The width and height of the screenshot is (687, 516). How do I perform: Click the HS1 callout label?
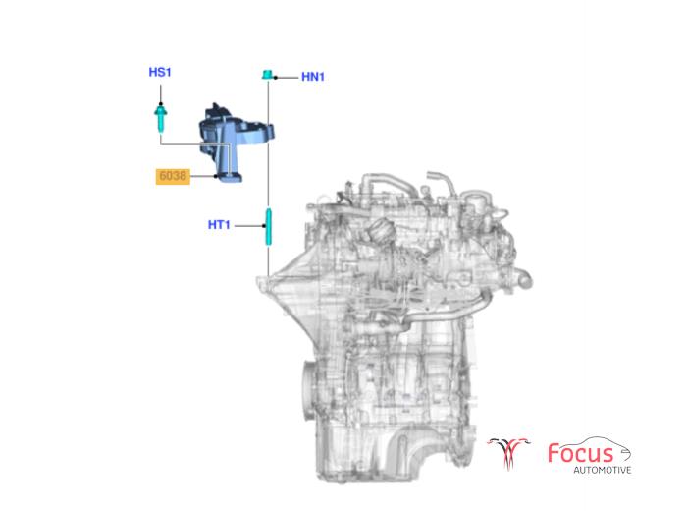(x=159, y=72)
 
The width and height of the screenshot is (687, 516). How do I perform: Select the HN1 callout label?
(x=313, y=76)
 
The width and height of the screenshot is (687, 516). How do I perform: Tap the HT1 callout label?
(x=218, y=225)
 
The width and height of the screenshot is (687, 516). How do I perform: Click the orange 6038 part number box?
(x=174, y=177)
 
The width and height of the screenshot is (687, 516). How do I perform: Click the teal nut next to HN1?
(x=266, y=74)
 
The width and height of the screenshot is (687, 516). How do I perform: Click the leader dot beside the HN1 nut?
(x=278, y=76)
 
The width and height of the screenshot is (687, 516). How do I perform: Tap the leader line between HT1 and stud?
(x=246, y=225)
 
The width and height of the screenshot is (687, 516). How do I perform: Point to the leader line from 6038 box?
(x=203, y=177)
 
